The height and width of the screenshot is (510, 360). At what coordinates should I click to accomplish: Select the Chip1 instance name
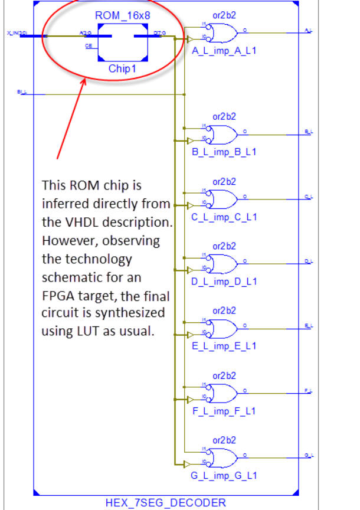pos(123,69)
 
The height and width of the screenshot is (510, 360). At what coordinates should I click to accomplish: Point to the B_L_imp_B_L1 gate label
pos(224,152)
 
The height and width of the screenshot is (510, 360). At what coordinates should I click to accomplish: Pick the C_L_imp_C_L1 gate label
pos(224,217)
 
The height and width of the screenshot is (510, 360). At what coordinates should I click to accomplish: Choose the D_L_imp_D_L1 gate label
pos(224,281)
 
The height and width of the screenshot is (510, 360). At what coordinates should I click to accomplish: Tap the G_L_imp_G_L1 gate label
pos(224,475)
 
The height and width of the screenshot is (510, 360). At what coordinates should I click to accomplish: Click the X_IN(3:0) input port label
pos(17,33)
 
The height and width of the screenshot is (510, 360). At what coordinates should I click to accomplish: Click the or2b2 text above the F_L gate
pos(224,375)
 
